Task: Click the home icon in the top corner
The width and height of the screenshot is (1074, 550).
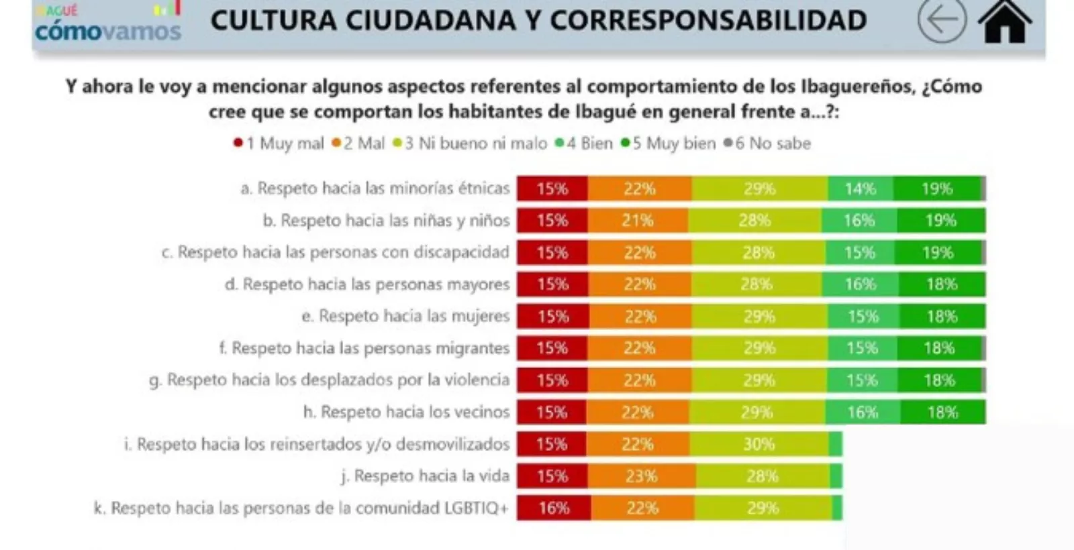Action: click(x=1004, y=22)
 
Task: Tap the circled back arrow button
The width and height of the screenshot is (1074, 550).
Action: click(x=942, y=20)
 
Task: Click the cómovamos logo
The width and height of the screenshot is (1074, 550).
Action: click(x=108, y=25)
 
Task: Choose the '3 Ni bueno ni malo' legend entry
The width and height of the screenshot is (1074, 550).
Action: click(x=470, y=144)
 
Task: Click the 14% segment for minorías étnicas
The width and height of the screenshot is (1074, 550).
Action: click(x=860, y=188)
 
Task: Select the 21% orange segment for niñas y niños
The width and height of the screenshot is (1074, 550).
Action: click(x=637, y=221)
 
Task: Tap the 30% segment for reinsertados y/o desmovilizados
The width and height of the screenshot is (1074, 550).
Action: click(x=759, y=444)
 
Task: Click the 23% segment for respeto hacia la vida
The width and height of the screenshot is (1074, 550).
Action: click(x=641, y=476)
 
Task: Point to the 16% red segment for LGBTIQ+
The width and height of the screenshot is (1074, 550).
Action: click(x=554, y=508)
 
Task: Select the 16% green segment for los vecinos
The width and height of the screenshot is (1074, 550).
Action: click(x=862, y=412)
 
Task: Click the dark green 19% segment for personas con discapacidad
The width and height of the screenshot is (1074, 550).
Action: click(x=938, y=253)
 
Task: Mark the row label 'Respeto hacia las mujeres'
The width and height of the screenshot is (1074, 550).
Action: click(x=405, y=316)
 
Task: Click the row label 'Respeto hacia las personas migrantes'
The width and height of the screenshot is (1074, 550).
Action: click(x=364, y=348)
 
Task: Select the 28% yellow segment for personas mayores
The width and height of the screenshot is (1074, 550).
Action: click(x=756, y=284)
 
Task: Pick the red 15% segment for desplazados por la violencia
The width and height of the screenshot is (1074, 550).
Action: click(x=552, y=380)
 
